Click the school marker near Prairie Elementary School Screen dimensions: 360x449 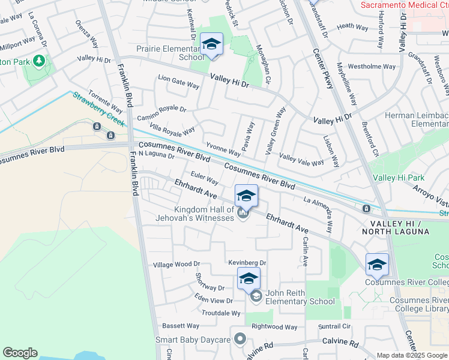[x=211, y=44]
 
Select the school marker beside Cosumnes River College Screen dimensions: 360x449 [x=377, y=265]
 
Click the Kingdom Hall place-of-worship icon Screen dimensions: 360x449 [x=243, y=213]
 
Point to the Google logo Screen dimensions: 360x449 [x=20, y=353]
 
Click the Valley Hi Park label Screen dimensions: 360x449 [x=399, y=178]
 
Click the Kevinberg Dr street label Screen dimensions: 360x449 [x=247, y=263]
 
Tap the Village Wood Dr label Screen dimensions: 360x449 [x=176, y=265]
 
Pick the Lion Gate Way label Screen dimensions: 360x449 [x=178, y=82]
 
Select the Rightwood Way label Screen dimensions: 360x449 [x=274, y=327]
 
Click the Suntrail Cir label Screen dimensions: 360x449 [x=334, y=326]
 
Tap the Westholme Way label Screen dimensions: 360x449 [x=372, y=66]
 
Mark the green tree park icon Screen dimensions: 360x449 [x=39, y=61]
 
